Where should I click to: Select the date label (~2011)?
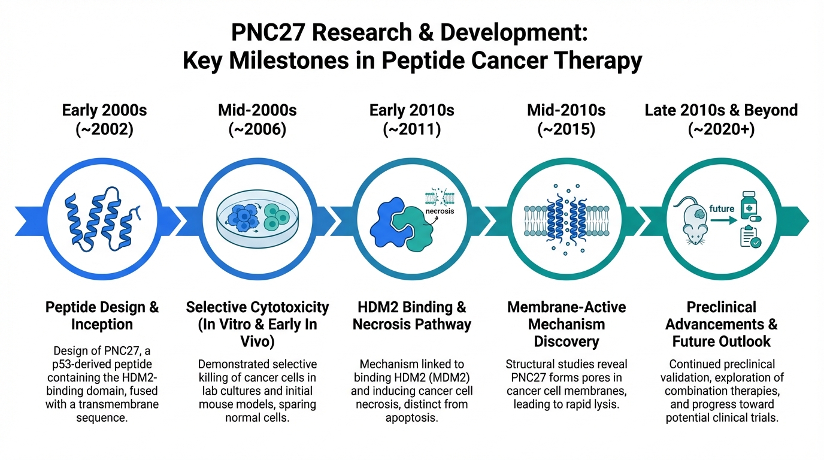pyautogui.click(x=411, y=130)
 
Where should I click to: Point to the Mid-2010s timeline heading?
pyautogui.click(x=566, y=110)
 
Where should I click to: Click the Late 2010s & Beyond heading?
pyautogui.click(x=721, y=110)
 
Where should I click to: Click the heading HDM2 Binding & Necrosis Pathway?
pyautogui.click(x=411, y=316)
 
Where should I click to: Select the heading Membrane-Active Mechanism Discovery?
pyautogui.click(x=566, y=324)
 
